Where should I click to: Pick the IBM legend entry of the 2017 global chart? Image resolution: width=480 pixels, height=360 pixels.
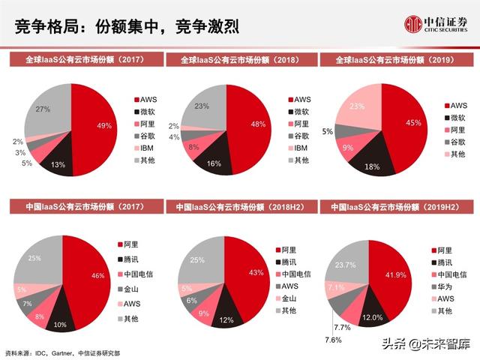(143, 148)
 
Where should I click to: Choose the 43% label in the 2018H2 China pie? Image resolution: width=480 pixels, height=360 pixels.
(256, 271)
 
